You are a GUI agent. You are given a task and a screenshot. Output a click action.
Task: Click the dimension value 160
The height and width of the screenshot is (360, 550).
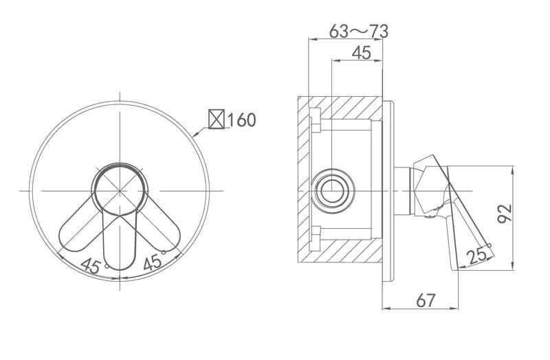[242, 120]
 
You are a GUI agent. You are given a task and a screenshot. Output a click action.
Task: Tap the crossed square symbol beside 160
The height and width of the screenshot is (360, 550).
[217, 119]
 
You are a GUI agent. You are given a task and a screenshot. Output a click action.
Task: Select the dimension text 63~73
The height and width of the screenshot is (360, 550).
[359, 32]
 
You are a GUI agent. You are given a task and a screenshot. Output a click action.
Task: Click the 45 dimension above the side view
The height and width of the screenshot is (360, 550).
[362, 53]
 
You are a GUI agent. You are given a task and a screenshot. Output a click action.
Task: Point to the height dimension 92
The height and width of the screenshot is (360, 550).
[505, 213]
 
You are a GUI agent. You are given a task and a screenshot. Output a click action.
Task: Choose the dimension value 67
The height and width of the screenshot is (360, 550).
[426, 300]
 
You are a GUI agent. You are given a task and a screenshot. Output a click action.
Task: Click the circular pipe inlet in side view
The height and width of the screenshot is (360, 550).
[331, 191]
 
